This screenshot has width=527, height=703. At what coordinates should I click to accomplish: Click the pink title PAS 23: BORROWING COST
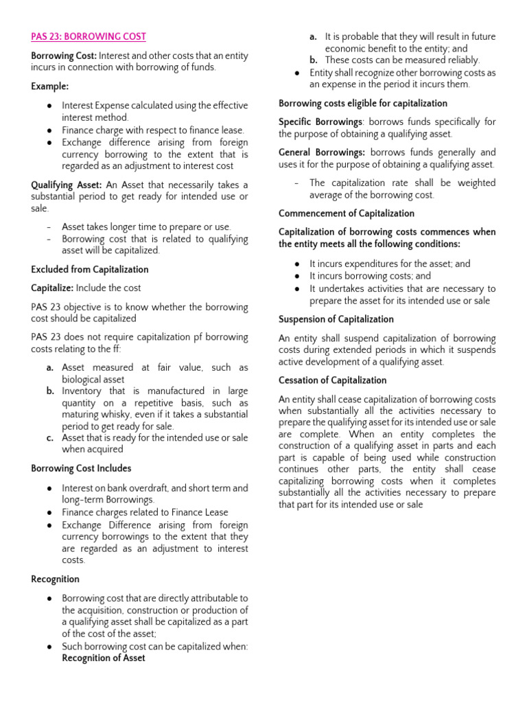pyautogui.click(x=89, y=36)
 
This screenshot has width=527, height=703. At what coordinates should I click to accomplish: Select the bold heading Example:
pyautogui.click(x=49, y=86)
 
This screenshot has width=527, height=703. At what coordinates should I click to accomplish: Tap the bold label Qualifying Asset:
pyautogui.click(x=67, y=185)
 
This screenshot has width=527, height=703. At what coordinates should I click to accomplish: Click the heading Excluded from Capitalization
pyautogui.click(x=89, y=269)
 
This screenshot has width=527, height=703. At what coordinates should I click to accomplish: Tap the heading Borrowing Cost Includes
pyautogui.click(x=81, y=468)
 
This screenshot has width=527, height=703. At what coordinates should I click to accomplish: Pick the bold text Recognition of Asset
pyautogui.click(x=104, y=658)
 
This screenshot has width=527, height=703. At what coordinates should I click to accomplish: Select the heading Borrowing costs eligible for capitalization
pyautogui.click(x=363, y=103)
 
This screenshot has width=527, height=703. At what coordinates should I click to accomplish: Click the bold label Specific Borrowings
pyautogui.click(x=320, y=122)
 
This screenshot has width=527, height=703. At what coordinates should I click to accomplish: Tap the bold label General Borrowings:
pyautogui.click(x=322, y=152)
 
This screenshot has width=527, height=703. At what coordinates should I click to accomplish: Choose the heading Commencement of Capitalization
pyautogui.click(x=347, y=214)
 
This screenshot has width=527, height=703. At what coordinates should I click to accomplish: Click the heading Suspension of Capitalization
pyautogui.click(x=336, y=319)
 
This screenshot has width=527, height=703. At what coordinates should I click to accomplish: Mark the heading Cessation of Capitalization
pyautogui.click(x=333, y=380)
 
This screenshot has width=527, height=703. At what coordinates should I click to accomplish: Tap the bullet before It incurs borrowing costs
pyautogui.click(x=296, y=276)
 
